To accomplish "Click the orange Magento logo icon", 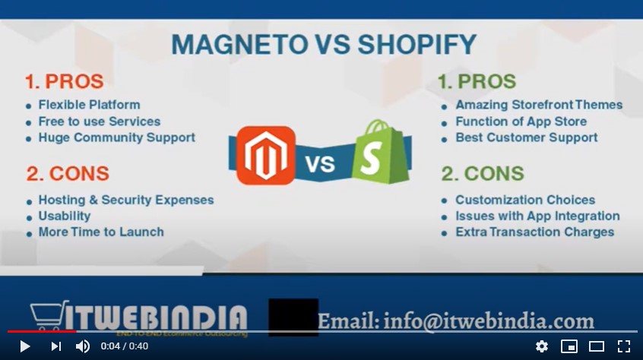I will pyautogui.click(x=265, y=156).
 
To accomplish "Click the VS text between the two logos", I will pyautogui.click(x=321, y=163).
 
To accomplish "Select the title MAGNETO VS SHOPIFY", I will pyautogui.click(x=324, y=44).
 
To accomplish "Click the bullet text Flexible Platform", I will pyautogui.click(x=89, y=105).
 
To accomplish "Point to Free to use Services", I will pyautogui.click(x=99, y=122).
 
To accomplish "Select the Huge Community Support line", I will pyautogui.click(x=116, y=137).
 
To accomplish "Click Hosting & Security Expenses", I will pyautogui.click(x=125, y=200).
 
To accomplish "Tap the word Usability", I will pyautogui.click(x=65, y=216).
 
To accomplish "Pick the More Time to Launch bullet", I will pyautogui.click(x=100, y=232).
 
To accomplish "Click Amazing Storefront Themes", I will pyautogui.click(x=538, y=105).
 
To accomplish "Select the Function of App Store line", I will pyautogui.click(x=521, y=122).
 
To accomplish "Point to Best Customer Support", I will pyautogui.click(x=526, y=137).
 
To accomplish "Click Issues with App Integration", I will pyautogui.click(x=537, y=216).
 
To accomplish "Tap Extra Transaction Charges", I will pyautogui.click(x=534, y=232).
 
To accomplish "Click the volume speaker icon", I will pyautogui.click(x=82, y=346).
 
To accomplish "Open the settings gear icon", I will pyautogui.click(x=542, y=346).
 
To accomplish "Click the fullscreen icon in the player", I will pyautogui.click(x=623, y=346).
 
